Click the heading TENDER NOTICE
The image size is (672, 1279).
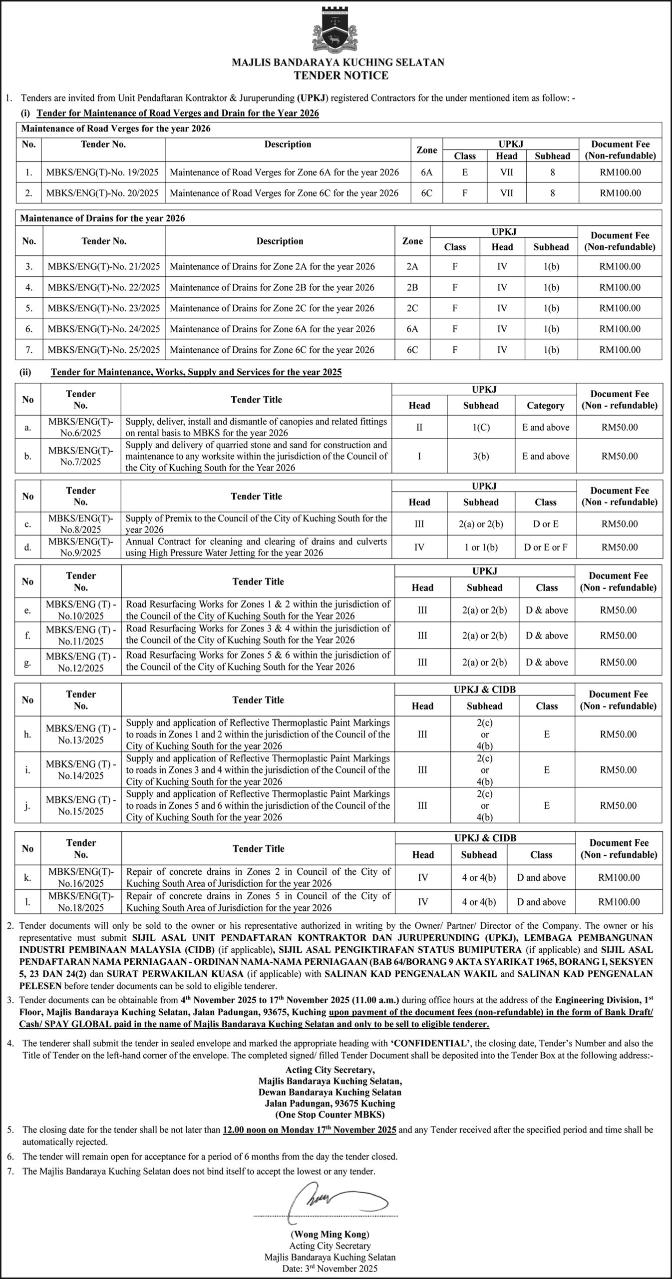click(341, 76)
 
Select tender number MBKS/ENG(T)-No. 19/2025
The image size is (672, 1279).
click(102, 172)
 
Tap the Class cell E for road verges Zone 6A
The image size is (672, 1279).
click(465, 172)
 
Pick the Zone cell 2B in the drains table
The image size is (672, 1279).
click(412, 287)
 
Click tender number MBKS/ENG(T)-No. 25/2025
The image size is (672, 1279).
click(104, 350)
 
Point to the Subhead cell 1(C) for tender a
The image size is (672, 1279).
click(481, 427)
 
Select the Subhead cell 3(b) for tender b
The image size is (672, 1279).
click(481, 456)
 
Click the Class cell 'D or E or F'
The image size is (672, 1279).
click(546, 547)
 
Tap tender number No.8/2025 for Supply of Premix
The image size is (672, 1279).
click(81, 524)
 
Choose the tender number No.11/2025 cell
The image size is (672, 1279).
click(81, 636)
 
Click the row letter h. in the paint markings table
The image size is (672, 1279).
click(27, 734)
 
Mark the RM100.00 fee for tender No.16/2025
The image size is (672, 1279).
click(619, 877)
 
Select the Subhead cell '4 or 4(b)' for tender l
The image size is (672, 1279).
click(479, 902)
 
